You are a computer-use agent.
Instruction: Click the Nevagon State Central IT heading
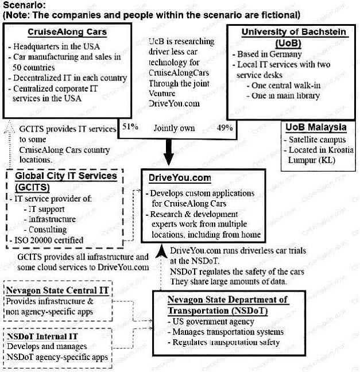point(56,290)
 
